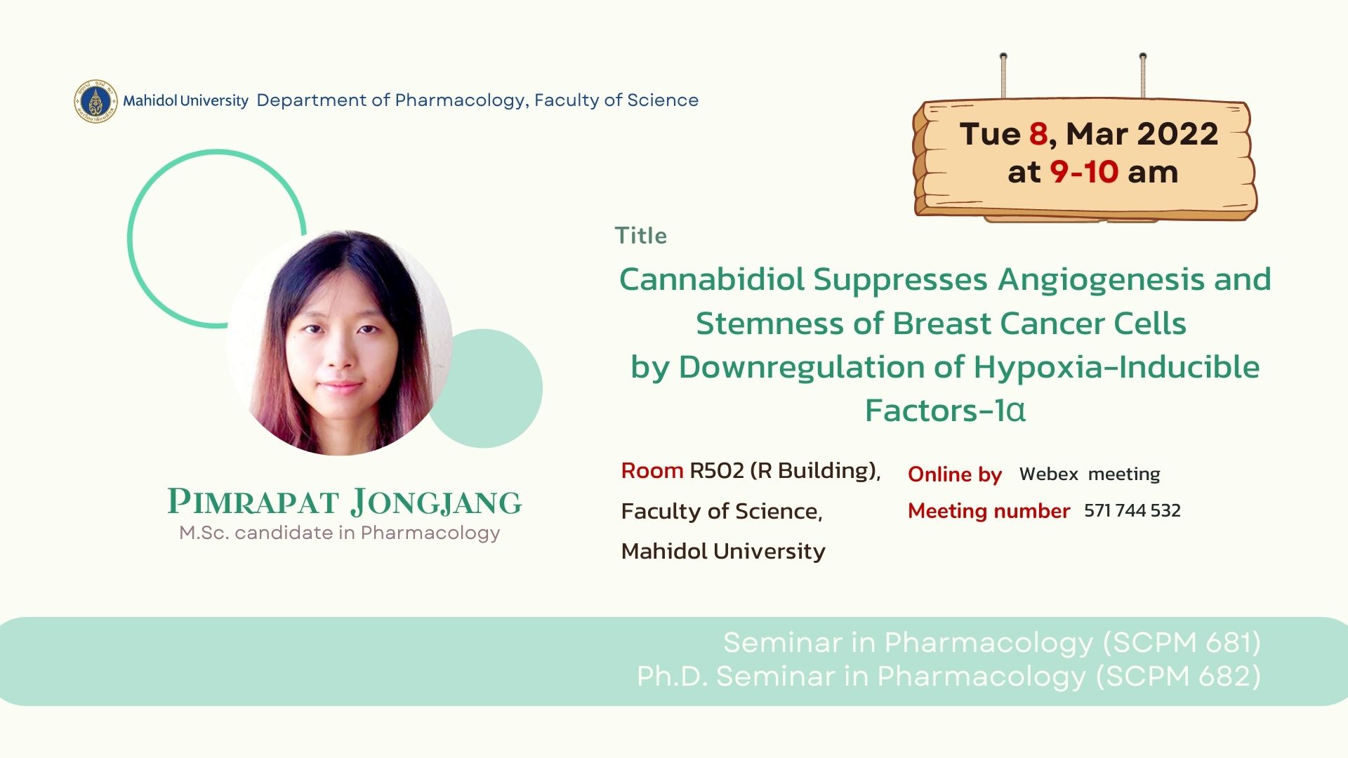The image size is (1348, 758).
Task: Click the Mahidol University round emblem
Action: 95,101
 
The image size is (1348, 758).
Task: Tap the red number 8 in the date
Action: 1039,134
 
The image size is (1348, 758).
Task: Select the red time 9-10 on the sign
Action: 1084,172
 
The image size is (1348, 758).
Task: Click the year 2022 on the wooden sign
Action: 1177,134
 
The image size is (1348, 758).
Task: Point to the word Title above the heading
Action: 641,236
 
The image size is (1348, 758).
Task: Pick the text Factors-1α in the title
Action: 945,411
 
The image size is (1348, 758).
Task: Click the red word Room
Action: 652,470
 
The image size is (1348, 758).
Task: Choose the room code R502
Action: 717,470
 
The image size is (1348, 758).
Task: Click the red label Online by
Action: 955,475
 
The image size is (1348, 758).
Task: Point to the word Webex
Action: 1048,474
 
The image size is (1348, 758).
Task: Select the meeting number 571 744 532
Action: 1132,511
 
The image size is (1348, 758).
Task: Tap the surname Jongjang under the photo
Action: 436,503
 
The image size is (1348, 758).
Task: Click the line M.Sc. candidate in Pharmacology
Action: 340,533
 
